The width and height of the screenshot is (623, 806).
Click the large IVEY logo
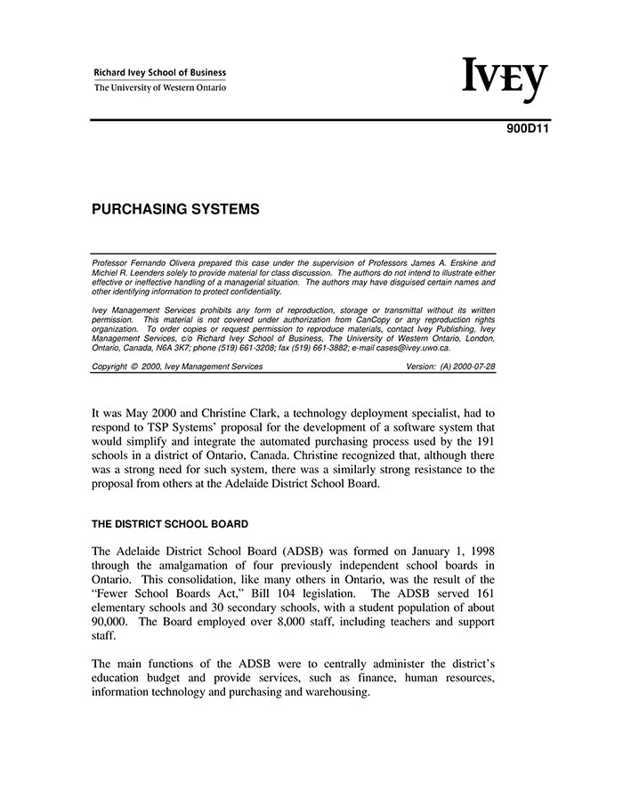(x=505, y=80)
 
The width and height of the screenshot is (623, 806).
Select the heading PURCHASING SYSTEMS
(x=175, y=210)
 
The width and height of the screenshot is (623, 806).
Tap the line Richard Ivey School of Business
(x=160, y=73)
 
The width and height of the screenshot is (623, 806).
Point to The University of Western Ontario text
(x=160, y=88)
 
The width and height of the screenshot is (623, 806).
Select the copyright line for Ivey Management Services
(x=177, y=367)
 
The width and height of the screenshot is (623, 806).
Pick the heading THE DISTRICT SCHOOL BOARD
(x=170, y=524)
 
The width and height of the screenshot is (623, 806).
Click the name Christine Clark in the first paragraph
(x=255, y=414)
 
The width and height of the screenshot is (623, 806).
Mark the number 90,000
(x=112, y=622)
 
